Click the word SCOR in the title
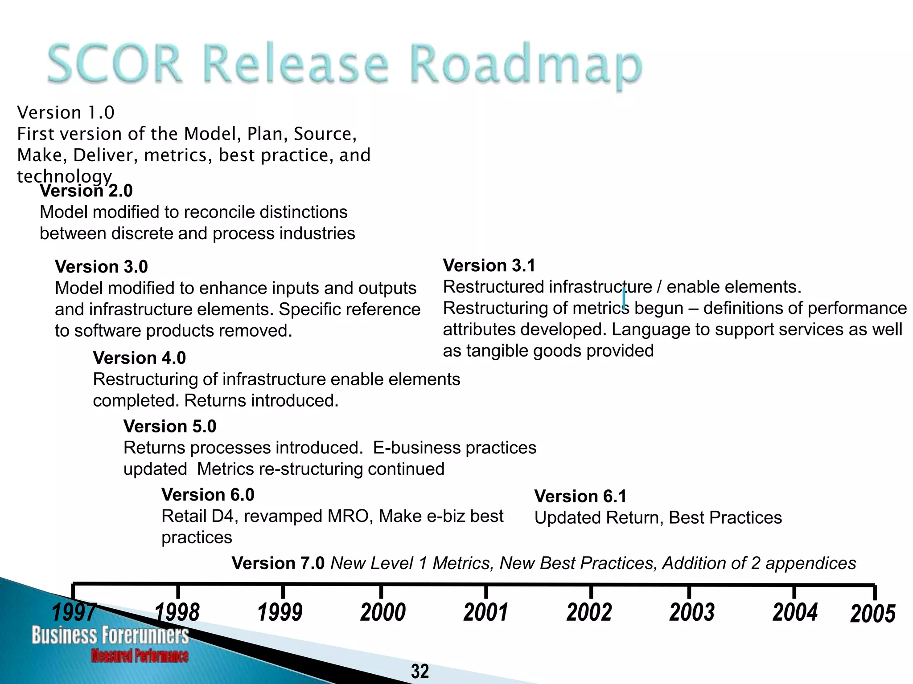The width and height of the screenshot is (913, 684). (115, 63)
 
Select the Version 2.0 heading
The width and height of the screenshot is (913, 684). (86, 191)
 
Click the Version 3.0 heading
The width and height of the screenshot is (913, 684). (101, 267)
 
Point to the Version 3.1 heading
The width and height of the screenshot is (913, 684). (489, 265)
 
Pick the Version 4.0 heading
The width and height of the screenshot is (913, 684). (139, 358)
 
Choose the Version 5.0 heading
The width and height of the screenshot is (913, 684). (170, 427)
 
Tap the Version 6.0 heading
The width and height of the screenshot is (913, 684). (208, 495)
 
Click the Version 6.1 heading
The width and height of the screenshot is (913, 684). (580, 497)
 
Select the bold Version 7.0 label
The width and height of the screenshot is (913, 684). (278, 563)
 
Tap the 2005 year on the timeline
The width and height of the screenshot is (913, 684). (872, 614)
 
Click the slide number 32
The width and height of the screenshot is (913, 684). (420, 671)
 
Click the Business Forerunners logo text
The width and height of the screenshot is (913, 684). (110, 635)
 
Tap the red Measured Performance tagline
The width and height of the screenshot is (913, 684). (140, 655)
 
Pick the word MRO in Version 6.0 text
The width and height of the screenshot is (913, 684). (350, 516)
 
